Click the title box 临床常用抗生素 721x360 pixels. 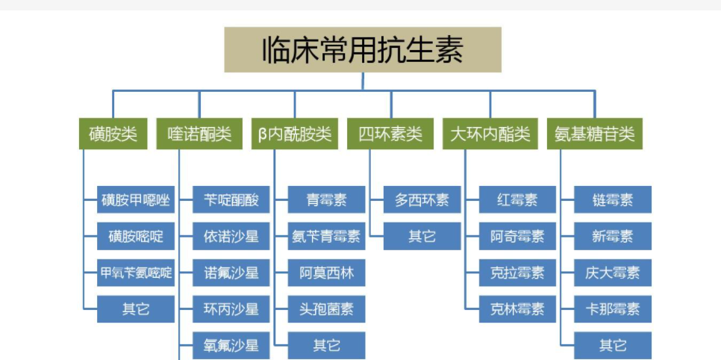pos(363,49)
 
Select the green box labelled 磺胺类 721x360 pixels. pos(113,134)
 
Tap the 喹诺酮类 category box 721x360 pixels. pos(199,134)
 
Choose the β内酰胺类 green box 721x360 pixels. pos(295,134)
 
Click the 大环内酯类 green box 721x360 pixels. pos(490,134)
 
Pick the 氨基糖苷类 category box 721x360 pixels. pos(594,134)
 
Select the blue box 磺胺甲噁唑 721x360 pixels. pos(136,200)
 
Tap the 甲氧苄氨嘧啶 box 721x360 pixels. pos(136,273)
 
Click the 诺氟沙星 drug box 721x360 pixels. pos(231,273)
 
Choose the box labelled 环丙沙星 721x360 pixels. pos(231,308)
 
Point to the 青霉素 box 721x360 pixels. pos(326,200)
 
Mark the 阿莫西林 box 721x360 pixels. pos(326,273)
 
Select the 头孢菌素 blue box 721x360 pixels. pos(326,308)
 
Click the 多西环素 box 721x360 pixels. pos(422,200)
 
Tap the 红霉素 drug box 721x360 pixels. pos(517,200)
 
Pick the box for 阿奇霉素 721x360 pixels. pos(517,237)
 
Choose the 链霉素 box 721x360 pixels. pos(613,200)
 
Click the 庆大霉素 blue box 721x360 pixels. pos(613,273)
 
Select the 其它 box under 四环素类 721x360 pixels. pos(422,237)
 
